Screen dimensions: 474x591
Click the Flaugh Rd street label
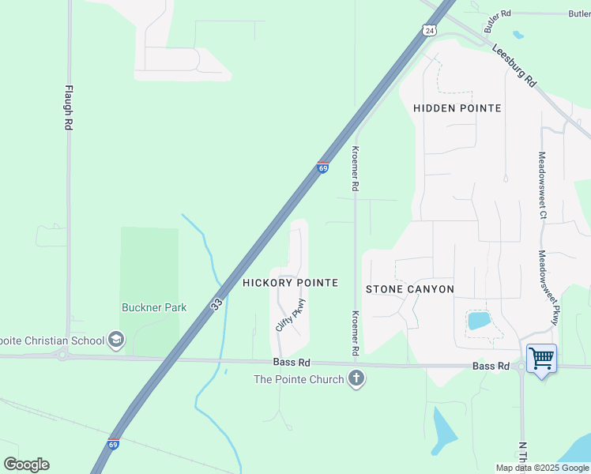[x=69, y=107]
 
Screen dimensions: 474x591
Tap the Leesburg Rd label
[x=514, y=66]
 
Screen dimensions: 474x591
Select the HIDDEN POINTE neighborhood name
[x=457, y=107]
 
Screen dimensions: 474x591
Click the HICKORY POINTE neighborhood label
[x=290, y=283]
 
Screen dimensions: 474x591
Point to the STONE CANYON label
[x=410, y=289]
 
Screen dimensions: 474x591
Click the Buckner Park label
[x=154, y=307]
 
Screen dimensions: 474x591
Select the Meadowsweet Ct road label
[x=543, y=186]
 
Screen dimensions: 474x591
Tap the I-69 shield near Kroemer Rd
[x=322, y=167]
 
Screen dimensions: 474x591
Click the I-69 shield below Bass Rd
[x=114, y=445]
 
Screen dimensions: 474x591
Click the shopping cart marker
[x=541, y=359]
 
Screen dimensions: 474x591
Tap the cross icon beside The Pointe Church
[x=356, y=379]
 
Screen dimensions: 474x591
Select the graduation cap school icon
[x=116, y=340]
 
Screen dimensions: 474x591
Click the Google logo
[x=26, y=465]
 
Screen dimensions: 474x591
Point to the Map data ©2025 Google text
[x=542, y=468]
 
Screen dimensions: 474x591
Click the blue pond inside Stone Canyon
[x=479, y=320]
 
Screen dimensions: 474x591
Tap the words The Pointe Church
[x=299, y=379]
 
